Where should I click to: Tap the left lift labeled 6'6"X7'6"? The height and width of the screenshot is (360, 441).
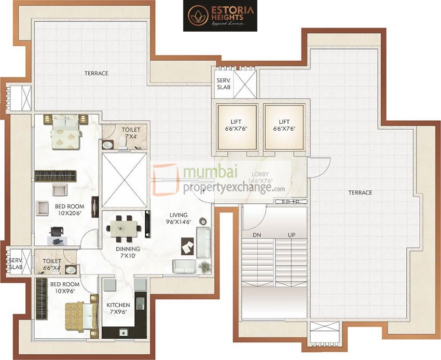click(237, 127)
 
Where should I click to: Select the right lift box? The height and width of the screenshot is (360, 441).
click(283, 127)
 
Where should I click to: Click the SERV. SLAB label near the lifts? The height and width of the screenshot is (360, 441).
click(224, 84)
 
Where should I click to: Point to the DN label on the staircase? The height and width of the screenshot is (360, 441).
click(256, 235)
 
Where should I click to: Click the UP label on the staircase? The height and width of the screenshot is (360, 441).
click(292, 235)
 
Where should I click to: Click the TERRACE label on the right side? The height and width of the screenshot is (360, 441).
click(360, 192)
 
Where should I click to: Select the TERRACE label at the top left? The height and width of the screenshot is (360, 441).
click(97, 73)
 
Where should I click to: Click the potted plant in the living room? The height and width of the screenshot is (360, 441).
click(204, 267)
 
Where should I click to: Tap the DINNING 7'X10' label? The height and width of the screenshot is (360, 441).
click(128, 252)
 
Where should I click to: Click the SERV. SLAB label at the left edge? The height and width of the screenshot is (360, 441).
click(15, 264)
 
